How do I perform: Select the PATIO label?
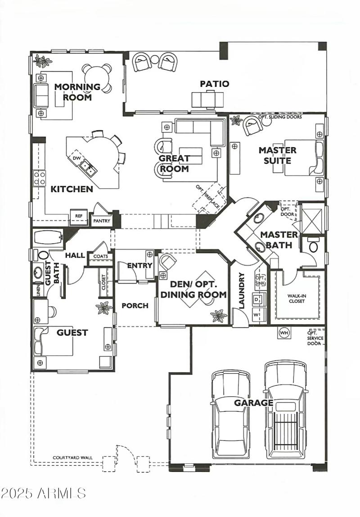pos(215,84)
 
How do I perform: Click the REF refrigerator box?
pos(79,216)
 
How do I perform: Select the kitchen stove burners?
pos(39,178)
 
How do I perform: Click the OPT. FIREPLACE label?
pos(208,197)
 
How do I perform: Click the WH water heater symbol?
pos(284,333)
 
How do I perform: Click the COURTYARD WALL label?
pos(72,458)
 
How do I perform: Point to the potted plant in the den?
pos(219,315)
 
